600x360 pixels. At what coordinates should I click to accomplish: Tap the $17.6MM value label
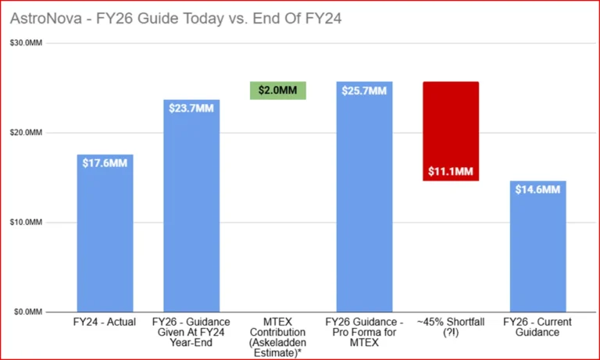coord(105,162)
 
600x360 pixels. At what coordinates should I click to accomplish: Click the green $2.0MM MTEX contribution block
coord(277,91)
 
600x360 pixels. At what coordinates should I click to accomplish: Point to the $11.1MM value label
coord(450,172)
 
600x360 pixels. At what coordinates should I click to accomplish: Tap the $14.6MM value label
coord(537,190)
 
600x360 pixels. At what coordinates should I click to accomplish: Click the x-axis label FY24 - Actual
coord(105,323)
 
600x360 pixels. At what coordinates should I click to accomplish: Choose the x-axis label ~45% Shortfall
coord(450,327)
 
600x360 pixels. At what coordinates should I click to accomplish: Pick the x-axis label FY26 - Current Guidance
coord(537,327)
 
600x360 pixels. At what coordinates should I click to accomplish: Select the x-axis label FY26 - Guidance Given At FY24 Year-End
coord(191,333)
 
